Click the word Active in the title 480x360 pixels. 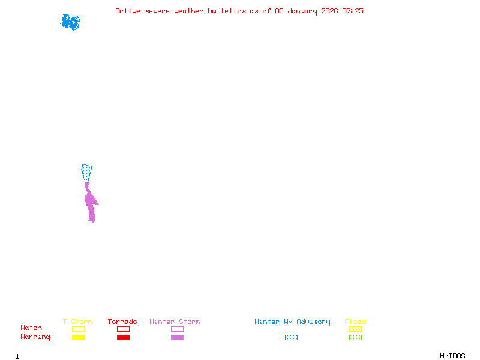coord(128,11)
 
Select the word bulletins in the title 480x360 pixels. coord(227,11)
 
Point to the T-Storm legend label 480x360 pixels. coord(77,322)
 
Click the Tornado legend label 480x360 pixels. coord(122,322)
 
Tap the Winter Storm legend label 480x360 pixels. coord(175,322)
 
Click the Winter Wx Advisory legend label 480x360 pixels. coord(292,322)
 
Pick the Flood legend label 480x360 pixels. coord(355,322)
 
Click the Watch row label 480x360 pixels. coord(31,328)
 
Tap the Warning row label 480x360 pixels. coord(35,337)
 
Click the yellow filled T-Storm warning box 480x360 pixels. coord(78,338)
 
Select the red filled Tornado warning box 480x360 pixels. coord(123,338)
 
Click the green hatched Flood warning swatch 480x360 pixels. coord(355,338)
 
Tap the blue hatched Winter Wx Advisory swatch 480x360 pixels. coord(291,338)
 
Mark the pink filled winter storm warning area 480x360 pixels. coord(91,204)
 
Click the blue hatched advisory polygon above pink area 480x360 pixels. coord(87,172)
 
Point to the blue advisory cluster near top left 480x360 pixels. coord(70,22)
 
